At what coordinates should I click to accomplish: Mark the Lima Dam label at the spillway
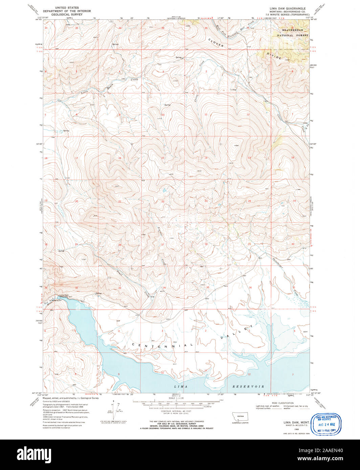[x=60, y=295]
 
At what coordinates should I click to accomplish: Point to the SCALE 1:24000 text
[x=177, y=399]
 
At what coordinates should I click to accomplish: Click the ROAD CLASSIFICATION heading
[x=284, y=403]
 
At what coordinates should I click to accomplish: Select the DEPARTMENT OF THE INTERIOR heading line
[x=67, y=11]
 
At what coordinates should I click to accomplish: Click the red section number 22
[x=163, y=202]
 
